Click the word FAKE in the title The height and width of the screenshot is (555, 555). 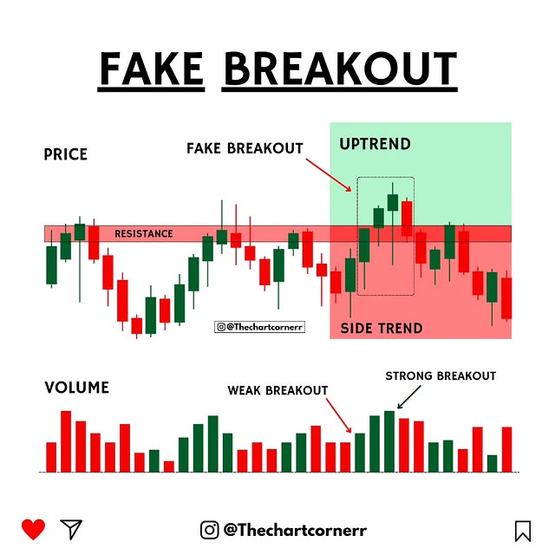152,70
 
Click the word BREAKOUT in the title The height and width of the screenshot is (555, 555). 339,70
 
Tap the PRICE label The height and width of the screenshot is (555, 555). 66,155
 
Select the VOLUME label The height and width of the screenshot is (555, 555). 77,388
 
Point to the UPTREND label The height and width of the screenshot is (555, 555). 375,143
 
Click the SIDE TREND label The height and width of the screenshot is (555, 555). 381,329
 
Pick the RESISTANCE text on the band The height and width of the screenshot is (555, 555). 143,234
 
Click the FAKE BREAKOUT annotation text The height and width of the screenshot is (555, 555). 245,148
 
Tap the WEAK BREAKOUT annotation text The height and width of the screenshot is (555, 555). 277,390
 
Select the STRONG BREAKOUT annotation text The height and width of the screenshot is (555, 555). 441,375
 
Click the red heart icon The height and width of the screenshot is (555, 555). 34,529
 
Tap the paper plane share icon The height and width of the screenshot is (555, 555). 71,529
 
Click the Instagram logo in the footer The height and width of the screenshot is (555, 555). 210,529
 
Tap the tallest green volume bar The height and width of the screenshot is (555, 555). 389,441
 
